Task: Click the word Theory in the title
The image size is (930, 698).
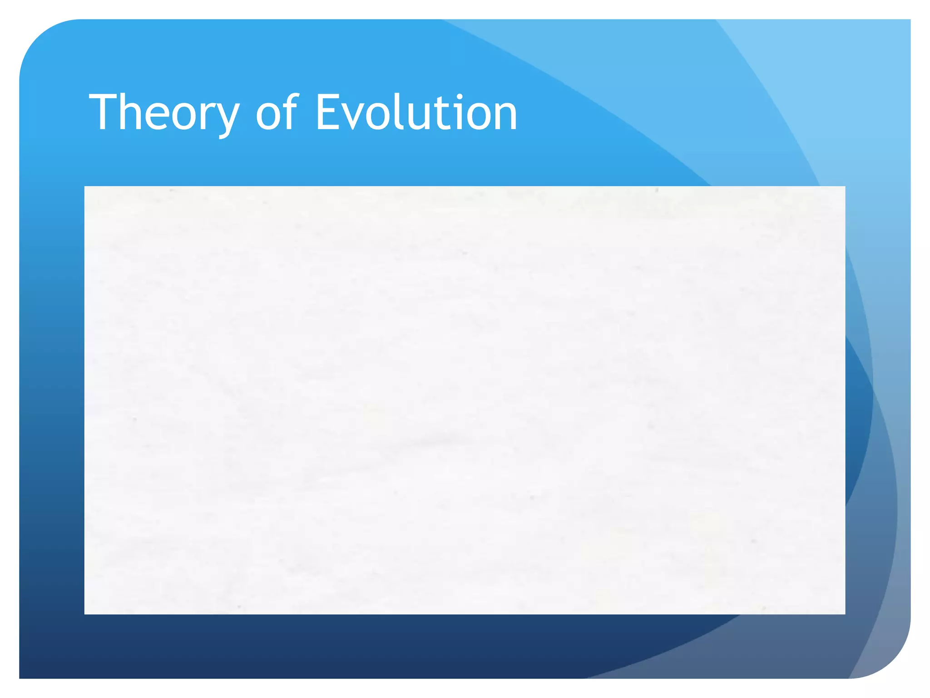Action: click(x=163, y=113)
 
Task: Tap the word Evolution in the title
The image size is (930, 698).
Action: click(x=416, y=113)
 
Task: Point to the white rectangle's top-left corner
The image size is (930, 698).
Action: click(x=85, y=187)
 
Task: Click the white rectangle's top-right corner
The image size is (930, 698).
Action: click(x=845, y=187)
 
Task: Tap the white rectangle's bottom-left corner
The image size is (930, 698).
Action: click(x=85, y=613)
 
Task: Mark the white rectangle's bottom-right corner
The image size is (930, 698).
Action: click(x=845, y=613)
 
